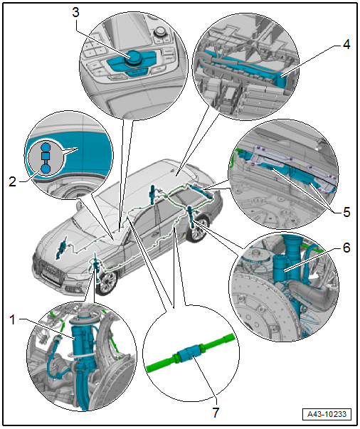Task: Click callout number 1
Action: click(x=12, y=319)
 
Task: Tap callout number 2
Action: click(x=12, y=181)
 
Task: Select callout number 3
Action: click(x=75, y=12)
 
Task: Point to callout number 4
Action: click(x=346, y=44)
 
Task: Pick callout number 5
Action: click(x=346, y=212)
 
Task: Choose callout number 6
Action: click(x=346, y=248)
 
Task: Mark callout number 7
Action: click(x=216, y=413)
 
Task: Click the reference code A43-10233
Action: click(x=327, y=414)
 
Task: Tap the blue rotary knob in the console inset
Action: click(x=134, y=57)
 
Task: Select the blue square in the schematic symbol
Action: click(x=46, y=156)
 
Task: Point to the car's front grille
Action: click(x=53, y=270)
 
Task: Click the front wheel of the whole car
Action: click(x=106, y=282)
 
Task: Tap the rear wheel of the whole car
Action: click(x=198, y=229)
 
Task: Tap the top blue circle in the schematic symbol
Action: click(x=46, y=147)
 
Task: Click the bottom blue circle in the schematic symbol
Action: click(x=46, y=169)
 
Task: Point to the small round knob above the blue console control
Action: click(x=159, y=31)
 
